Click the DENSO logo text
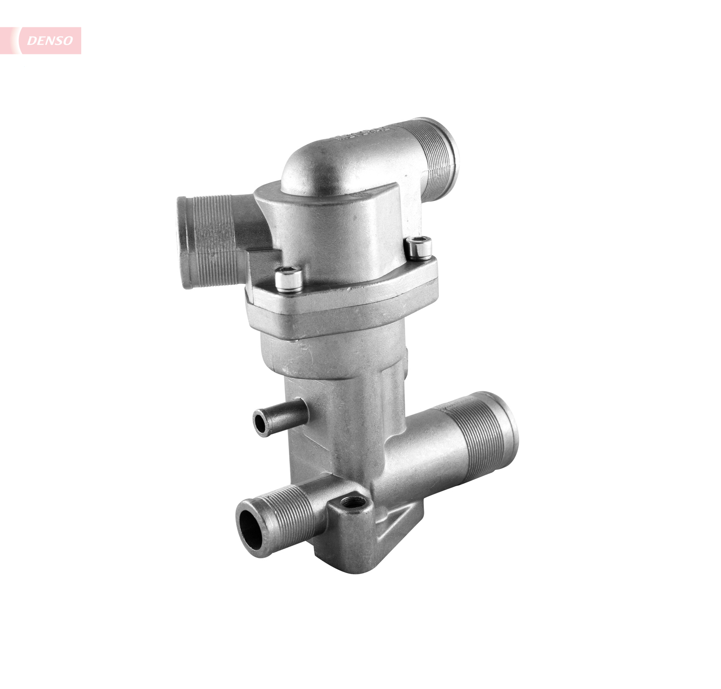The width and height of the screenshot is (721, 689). (50, 41)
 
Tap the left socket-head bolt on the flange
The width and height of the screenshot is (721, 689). (289, 279)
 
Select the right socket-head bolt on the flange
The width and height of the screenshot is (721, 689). (418, 247)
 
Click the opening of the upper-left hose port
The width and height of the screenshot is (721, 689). (185, 243)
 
